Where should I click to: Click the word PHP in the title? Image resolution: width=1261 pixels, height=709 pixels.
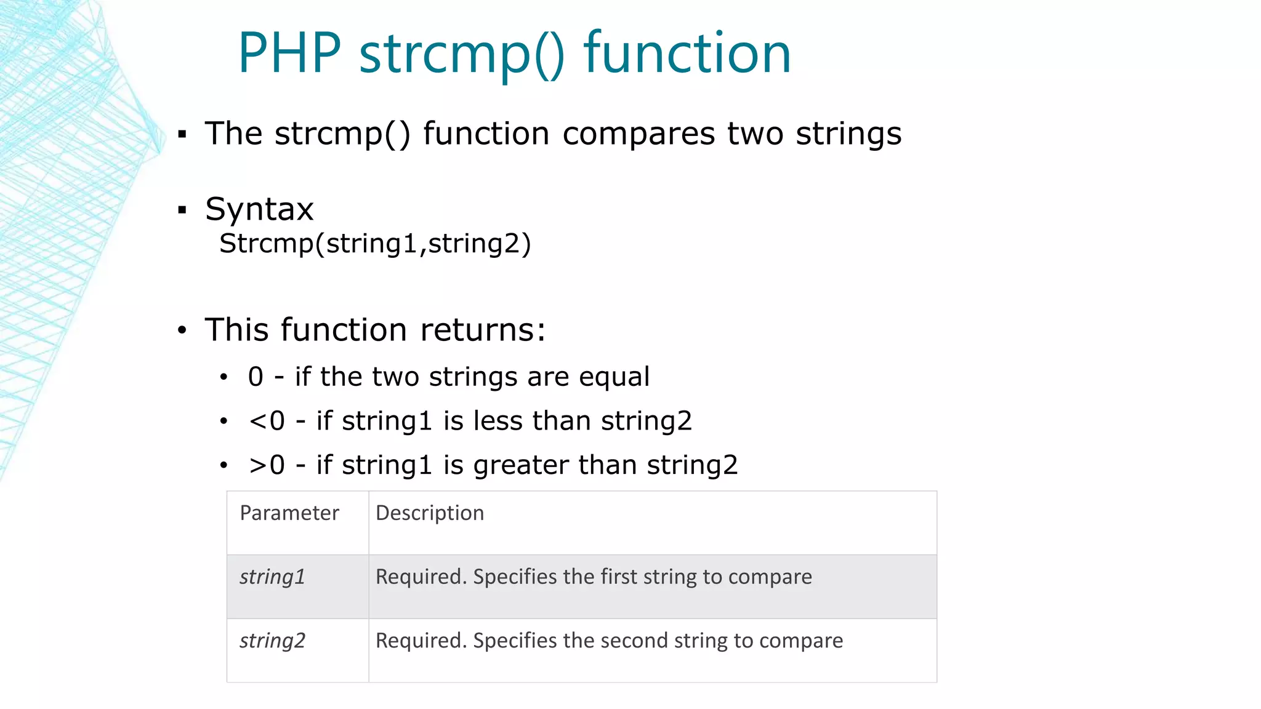click(x=289, y=54)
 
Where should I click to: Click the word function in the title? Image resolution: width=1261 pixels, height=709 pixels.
click(x=687, y=54)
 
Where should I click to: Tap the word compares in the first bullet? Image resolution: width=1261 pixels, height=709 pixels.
click(x=639, y=134)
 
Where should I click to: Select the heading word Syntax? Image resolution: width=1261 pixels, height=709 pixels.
click(x=259, y=210)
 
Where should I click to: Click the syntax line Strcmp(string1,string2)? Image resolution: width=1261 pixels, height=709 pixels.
click(x=375, y=244)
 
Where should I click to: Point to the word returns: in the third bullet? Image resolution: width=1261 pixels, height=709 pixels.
click(x=483, y=330)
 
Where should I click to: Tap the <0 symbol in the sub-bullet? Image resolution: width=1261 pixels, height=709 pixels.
click(x=267, y=422)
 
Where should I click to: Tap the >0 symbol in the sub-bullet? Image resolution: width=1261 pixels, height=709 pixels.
click(x=267, y=466)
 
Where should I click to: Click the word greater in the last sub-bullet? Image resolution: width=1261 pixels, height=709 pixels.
click(x=520, y=466)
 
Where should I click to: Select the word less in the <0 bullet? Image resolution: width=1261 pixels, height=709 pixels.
click(x=498, y=422)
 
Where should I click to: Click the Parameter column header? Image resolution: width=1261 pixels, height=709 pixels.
click(x=289, y=513)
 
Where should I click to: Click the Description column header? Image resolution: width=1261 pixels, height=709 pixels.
click(x=430, y=513)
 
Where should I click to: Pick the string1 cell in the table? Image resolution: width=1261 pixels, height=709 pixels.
click(x=272, y=577)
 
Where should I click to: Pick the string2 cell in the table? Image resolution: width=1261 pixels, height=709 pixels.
click(x=272, y=641)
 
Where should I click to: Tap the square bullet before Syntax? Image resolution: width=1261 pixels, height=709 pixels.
click(x=182, y=210)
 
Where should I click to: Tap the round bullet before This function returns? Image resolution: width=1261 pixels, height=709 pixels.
click(x=182, y=331)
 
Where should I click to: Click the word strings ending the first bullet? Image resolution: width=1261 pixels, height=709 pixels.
click(x=848, y=134)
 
